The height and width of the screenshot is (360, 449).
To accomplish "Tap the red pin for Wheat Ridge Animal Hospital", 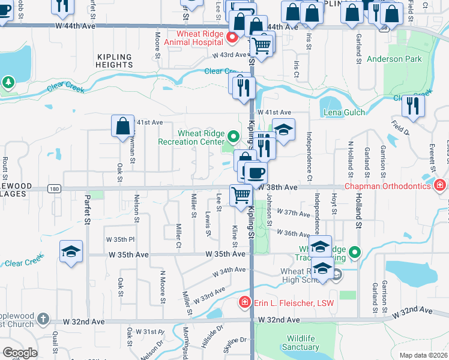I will [x=233, y=38].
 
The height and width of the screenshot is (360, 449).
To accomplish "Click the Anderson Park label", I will [x=394, y=59].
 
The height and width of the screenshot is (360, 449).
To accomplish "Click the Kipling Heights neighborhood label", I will [x=113, y=60].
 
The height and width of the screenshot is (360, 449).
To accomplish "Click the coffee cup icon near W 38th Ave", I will [x=256, y=173].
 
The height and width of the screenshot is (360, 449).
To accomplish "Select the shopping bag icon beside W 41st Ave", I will [x=122, y=125].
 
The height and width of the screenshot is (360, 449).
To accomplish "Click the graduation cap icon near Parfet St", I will [x=71, y=251].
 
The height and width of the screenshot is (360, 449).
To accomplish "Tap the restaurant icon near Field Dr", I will [x=412, y=105].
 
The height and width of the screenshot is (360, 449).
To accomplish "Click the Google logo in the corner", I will [x=20, y=353].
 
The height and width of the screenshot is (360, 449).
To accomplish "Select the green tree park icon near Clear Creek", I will [x=8, y=82].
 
